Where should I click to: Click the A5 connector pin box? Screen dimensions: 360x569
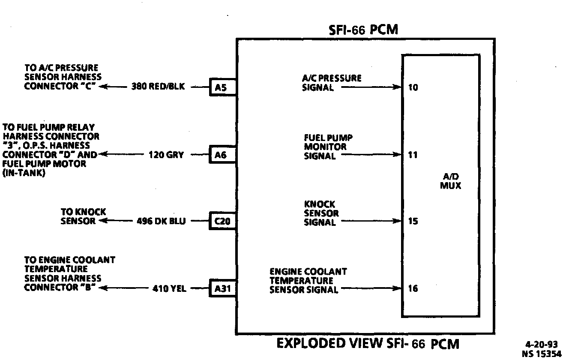pyautogui.click(x=221, y=87)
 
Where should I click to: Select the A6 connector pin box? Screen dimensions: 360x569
pyautogui.click(x=221, y=155)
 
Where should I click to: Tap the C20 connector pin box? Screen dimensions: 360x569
pyautogui.click(x=222, y=222)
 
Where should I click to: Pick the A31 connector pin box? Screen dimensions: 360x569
pyautogui.click(x=222, y=288)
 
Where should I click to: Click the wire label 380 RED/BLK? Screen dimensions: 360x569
pyautogui.click(x=158, y=87)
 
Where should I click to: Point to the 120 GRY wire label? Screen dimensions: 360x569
pyautogui.click(x=166, y=155)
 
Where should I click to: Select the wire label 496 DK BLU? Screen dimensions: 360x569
pyautogui.click(x=161, y=222)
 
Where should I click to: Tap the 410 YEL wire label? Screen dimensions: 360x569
pyautogui.click(x=169, y=288)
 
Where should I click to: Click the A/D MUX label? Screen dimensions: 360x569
pyautogui.click(x=451, y=182)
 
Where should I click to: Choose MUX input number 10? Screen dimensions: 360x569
pyautogui.click(x=413, y=87)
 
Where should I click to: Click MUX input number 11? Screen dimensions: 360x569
pyautogui.click(x=413, y=155)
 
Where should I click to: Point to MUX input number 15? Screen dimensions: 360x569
pyautogui.click(x=413, y=222)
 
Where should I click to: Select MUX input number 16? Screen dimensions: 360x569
pyautogui.click(x=413, y=288)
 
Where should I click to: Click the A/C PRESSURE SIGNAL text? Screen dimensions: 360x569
pyautogui.click(x=332, y=83)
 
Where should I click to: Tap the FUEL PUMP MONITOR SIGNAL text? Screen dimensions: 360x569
pyautogui.click(x=328, y=147)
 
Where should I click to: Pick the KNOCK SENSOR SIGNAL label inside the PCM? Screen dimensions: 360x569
pyautogui.click(x=321, y=213)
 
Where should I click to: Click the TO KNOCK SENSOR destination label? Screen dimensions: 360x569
pyautogui.click(x=83, y=216)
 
